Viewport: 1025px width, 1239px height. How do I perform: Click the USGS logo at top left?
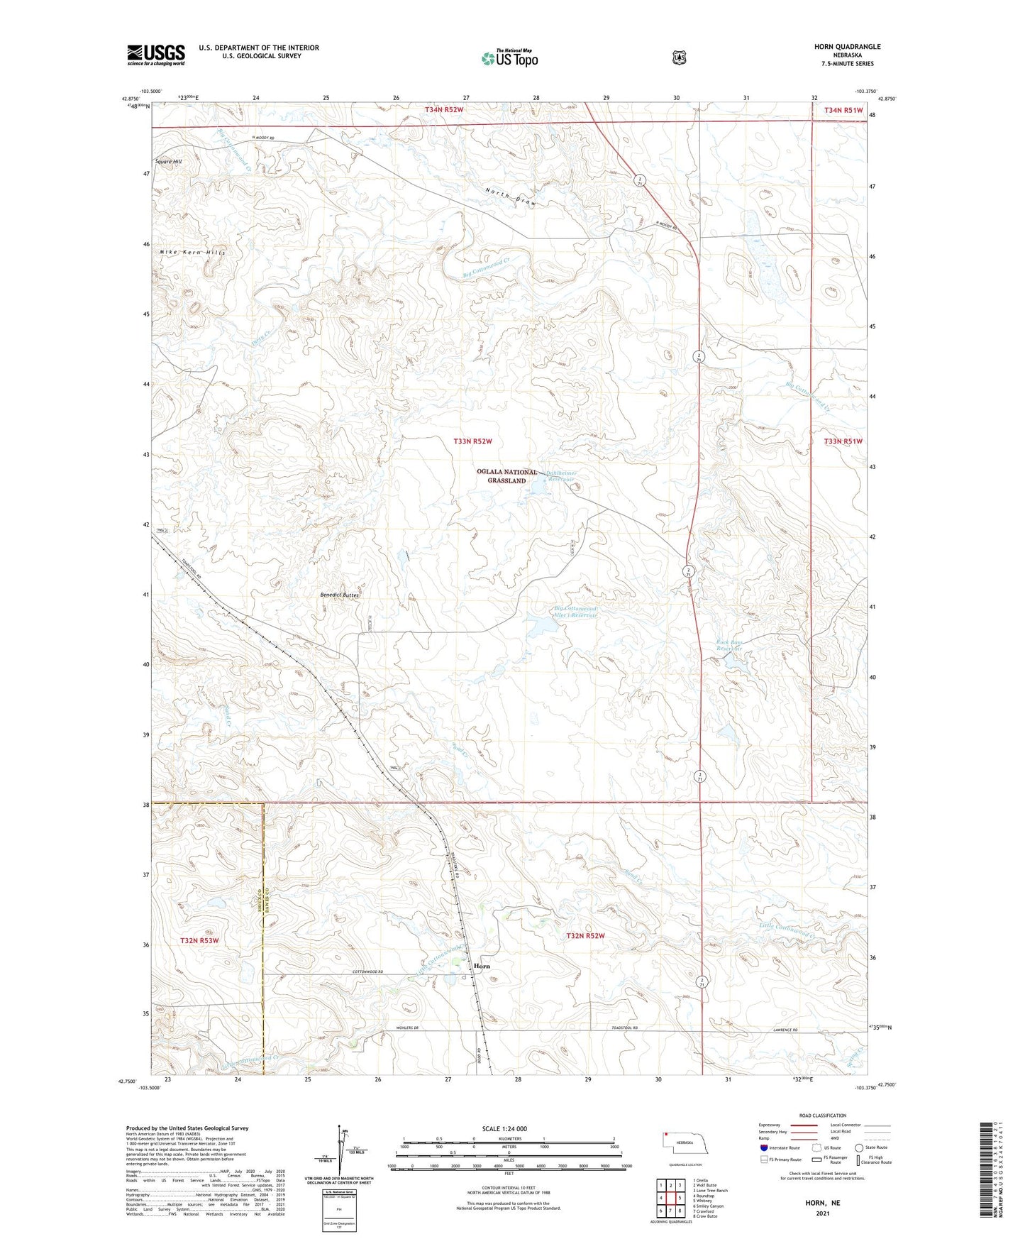[x=156, y=55]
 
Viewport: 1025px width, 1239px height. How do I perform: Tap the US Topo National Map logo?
[x=509, y=57]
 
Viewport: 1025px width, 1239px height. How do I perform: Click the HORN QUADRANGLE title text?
[x=847, y=47]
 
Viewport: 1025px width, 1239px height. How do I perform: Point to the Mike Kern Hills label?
[x=192, y=253]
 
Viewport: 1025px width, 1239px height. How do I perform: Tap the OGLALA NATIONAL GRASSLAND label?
[x=506, y=476]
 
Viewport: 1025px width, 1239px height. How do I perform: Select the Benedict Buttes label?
[x=340, y=595]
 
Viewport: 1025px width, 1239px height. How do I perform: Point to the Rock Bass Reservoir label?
[x=729, y=646]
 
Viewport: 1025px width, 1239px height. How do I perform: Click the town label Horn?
[x=482, y=966]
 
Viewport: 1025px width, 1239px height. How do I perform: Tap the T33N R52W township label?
[x=472, y=441]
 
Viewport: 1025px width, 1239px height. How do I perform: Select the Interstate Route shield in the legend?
[x=763, y=1147]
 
